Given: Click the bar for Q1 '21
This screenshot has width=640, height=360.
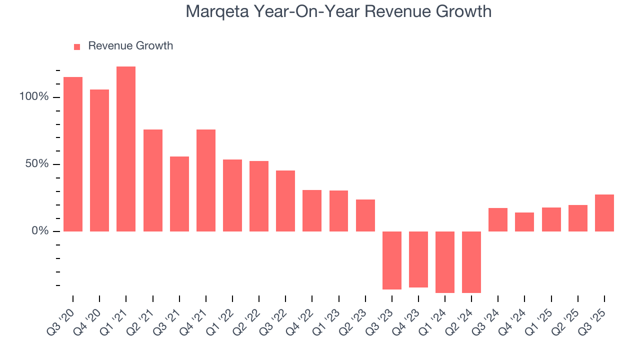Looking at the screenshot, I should click(126, 149).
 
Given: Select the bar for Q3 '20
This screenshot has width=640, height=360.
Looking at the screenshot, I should click(73, 154).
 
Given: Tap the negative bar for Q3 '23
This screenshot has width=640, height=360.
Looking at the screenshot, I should click(392, 260).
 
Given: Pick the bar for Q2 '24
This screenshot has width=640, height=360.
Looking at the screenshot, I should click(471, 262).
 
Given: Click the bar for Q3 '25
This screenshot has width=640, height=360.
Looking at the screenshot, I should click(604, 213).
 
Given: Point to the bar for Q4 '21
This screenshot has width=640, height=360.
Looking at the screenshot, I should click(206, 180).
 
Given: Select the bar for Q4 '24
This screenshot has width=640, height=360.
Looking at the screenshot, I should click(524, 222).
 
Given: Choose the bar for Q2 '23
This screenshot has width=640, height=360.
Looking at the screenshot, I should click(365, 215).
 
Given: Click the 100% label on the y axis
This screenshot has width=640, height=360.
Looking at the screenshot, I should click(34, 97).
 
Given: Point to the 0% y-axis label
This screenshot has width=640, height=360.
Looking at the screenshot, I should click(40, 231).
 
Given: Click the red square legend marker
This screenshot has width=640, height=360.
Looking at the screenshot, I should click(77, 47).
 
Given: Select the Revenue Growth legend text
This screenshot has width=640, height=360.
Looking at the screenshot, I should click(130, 46).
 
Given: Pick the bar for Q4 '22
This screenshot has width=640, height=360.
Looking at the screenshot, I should click(312, 210).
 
